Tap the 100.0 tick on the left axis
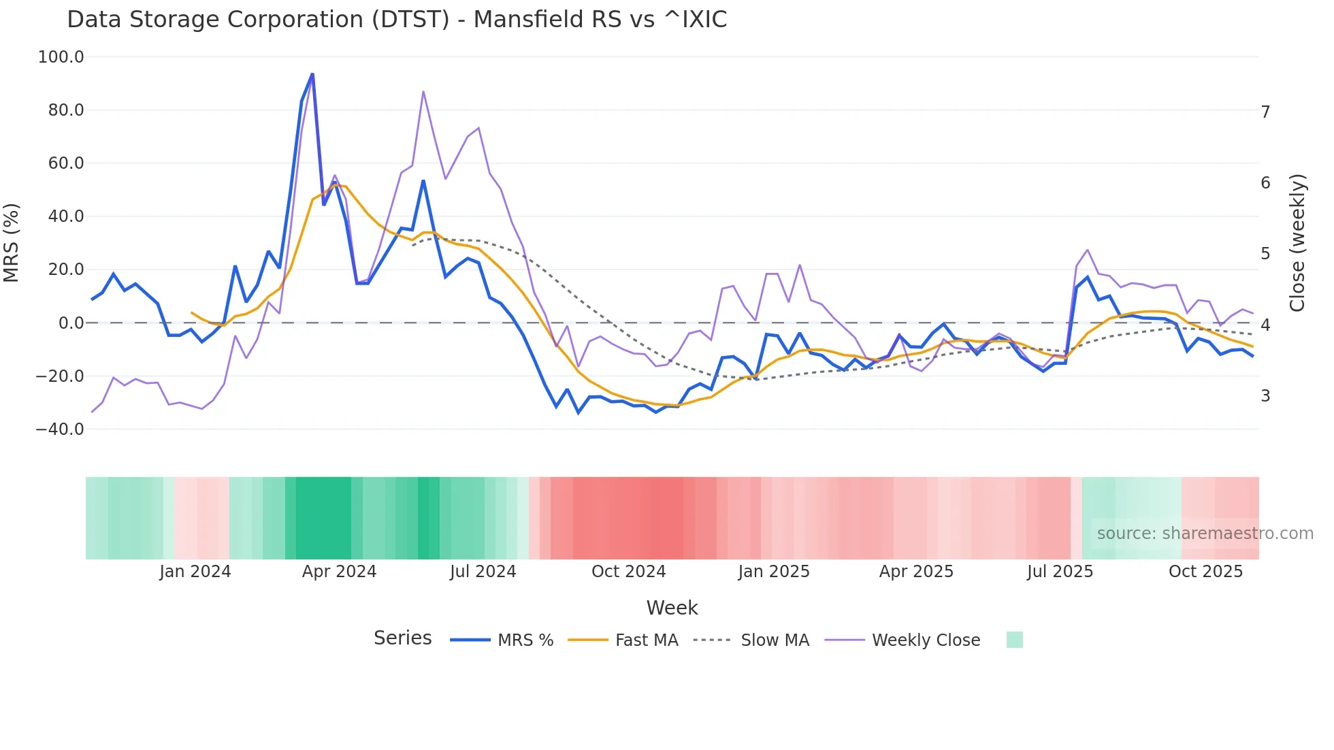pyautogui.click(x=61, y=57)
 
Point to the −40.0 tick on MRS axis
pyautogui.click(x=59, y=429)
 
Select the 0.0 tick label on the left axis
pyautogui.click(x=71, y=323)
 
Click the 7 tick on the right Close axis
pyautogui.click(x=1265, y=112)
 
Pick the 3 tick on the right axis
pyautogui.click(x=1265, y=396)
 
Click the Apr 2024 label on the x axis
pyautogui.click(x=339, y=572)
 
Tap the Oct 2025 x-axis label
pyautogui.click(x=1205, y=572)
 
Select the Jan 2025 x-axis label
pyautogui.click(x=774, y=572)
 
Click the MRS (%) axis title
pyautogui.click(x=12, y=243)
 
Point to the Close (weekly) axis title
pyautogui.click(x=1297, y=243)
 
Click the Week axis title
pyautogui.click(x=672, y=608)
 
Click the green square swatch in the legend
pyautogui.click(x=1014, y=640)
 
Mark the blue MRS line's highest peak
pyautogui.click(x=312, y=74)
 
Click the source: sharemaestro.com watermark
pyautogui.click(x=1205, y=534)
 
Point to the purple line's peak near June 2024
pyautogui.click(x=423, y=91)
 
